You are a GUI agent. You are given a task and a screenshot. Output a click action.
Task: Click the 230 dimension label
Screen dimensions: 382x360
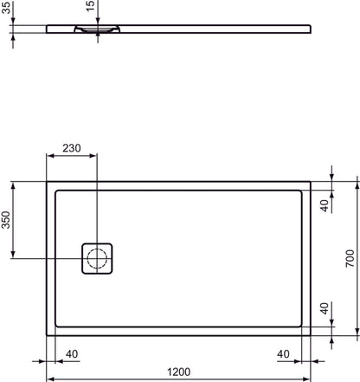tap(72, 148)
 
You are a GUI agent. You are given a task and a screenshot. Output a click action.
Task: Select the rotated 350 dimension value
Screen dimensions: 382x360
tap(7, 220)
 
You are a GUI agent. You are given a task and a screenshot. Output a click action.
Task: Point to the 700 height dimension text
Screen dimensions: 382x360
tap(350, 258)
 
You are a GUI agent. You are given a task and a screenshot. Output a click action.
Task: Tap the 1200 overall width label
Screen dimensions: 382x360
tap(179, 372)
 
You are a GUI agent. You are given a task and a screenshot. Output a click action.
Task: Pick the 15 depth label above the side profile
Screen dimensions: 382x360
tap(90, 8)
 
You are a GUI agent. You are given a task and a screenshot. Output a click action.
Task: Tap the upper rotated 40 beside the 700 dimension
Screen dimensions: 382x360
tap(324, 205)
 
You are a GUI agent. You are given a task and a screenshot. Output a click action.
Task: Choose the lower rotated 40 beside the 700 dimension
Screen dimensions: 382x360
tap(324, 308)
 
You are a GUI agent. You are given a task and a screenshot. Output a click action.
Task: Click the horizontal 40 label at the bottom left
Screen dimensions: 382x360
tap(71, 353)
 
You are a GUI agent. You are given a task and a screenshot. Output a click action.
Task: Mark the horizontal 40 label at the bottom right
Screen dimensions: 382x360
tap(283, 353)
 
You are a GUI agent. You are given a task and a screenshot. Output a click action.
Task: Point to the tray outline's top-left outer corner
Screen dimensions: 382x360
tap(47, 182)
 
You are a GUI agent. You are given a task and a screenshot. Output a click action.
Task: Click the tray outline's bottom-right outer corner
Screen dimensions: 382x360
tap(312, 335)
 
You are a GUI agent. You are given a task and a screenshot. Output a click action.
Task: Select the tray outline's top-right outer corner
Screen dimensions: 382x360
tap(312, 182)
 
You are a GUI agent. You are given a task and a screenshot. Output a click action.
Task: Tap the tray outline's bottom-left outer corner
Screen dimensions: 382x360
tap(47, 335)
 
